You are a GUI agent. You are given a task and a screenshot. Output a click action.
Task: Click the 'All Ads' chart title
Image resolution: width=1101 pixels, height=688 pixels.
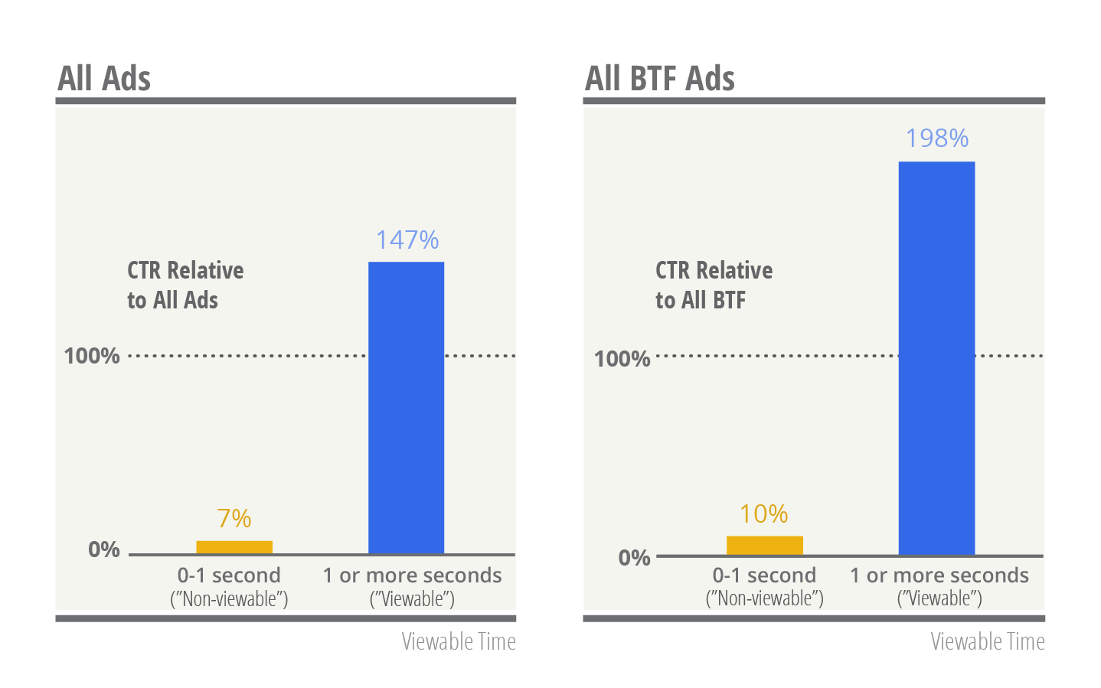pyautogui.click(x=104, y=78)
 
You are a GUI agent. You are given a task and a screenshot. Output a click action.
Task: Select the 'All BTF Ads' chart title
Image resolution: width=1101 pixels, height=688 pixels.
pyautogui.click(x=659, y=78)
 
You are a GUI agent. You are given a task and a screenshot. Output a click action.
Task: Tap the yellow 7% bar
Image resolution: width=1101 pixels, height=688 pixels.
pyautogui.click(x=234, y=546)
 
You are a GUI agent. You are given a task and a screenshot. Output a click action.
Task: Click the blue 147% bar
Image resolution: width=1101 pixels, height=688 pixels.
pyautogui.click(x=406, y=407)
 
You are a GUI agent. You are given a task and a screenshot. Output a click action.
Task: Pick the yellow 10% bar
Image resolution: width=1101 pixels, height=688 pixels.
pyautogui.click(x=764, y=545)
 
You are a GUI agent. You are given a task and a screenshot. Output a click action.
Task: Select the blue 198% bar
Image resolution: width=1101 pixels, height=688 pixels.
pyautogui.click(x=936, y=357)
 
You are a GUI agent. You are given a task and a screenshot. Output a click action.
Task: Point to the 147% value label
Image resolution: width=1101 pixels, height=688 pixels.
pyautogui.click(x=407, y=240)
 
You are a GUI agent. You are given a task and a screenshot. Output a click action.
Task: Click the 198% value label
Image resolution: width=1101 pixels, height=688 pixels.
pyautogui.click(x=936, y=139)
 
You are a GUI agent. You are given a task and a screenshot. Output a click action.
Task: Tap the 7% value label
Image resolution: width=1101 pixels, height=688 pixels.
pyautogui.click(x=234, y=519)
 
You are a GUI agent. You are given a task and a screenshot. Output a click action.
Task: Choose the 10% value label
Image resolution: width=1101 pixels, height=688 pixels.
pyautogui.click(x=763, y=514)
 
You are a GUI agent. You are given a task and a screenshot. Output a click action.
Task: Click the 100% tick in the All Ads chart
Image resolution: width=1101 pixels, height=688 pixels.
pyautogui.click(x=92, y=356)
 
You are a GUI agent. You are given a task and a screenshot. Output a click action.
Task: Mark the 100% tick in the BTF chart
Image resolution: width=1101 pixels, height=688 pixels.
pyautogui.click(x=622, y=359)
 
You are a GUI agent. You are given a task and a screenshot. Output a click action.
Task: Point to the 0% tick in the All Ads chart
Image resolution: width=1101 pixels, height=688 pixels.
pyautogui.click(x=104, y=549)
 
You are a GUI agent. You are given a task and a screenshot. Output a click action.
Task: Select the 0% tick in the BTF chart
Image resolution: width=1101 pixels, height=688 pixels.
pyautogui.click(x=634, y=558)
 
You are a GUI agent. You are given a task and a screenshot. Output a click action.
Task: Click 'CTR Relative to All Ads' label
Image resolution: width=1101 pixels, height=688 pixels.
pyautogui.click(x=185, y=285)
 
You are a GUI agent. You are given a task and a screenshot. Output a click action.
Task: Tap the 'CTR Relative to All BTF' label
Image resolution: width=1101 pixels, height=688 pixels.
pyautogui.click(x=714, y=285)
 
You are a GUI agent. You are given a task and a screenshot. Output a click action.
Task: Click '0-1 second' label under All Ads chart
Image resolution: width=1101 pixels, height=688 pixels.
pyautogui.click(x=229, y=575)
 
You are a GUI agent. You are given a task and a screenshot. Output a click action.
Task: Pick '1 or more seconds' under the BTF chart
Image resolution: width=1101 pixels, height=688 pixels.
pyautogui.click(x=939, y=575)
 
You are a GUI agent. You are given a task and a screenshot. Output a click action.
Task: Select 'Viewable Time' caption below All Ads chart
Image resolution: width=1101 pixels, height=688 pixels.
pyautogui.click(x=459, y=641)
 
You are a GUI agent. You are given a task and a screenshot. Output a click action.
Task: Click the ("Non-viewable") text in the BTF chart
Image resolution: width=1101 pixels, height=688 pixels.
pyautogui.click(x=764, y=598)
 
